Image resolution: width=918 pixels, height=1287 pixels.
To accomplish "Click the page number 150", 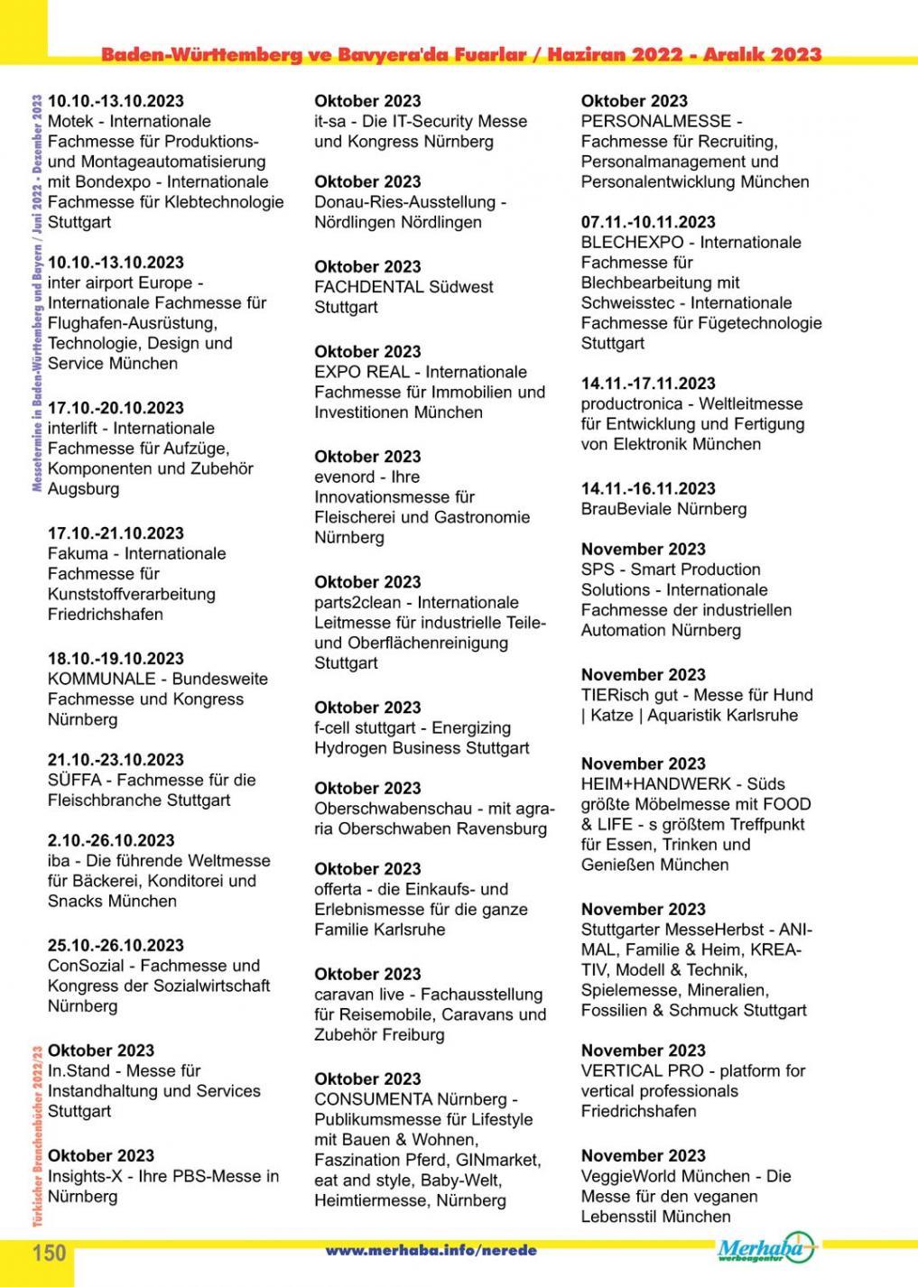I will [x=50, y=1253].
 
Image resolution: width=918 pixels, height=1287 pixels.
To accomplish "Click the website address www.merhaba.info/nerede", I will [x=431, y=1251].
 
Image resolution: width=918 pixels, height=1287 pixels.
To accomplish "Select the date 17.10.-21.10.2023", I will [x=116, y=533].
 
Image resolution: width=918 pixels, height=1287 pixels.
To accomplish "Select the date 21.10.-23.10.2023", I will [x=116, y=760].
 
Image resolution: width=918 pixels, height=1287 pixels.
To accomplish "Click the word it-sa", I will [x=332, y=121].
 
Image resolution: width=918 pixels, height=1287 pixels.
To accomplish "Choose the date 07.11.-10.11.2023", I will [x=648, y=222].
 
